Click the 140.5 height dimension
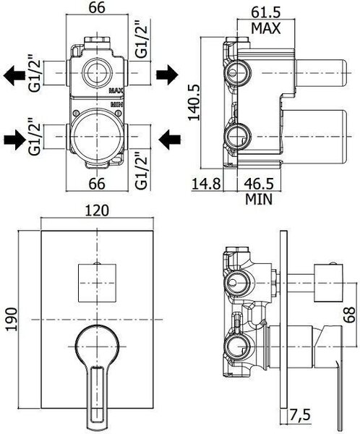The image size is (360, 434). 194,102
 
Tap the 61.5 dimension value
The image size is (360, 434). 265,12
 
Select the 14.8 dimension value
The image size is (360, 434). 206,184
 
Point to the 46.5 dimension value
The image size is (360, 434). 259,184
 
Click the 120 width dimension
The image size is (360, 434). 97,211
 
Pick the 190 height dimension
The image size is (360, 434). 12,319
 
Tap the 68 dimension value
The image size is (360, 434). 350,315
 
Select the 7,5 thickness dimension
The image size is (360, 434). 300,415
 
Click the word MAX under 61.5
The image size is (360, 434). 265,28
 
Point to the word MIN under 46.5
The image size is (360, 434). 259,199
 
